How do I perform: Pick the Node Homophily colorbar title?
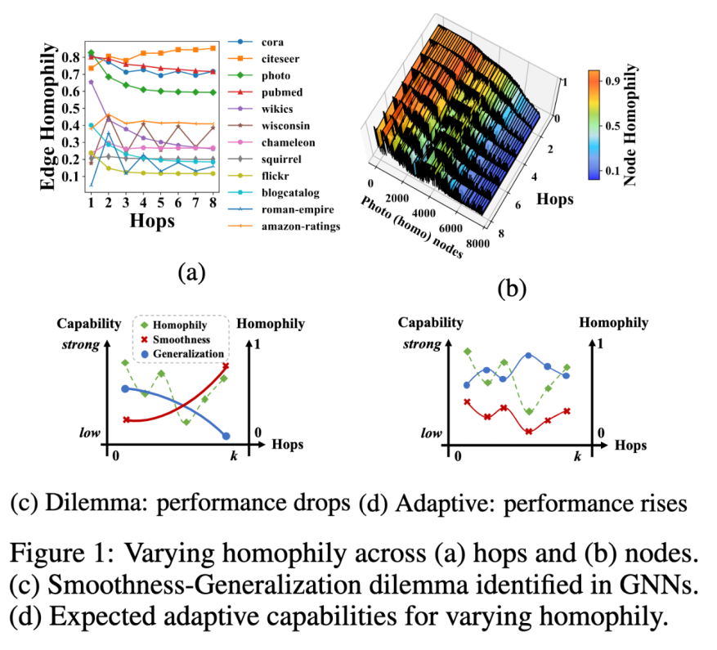tap(630, 126)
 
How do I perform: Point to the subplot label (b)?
tap(507, 288)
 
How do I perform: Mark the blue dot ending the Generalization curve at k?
tap(226, 436)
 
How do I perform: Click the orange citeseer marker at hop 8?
tap(213, 48)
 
